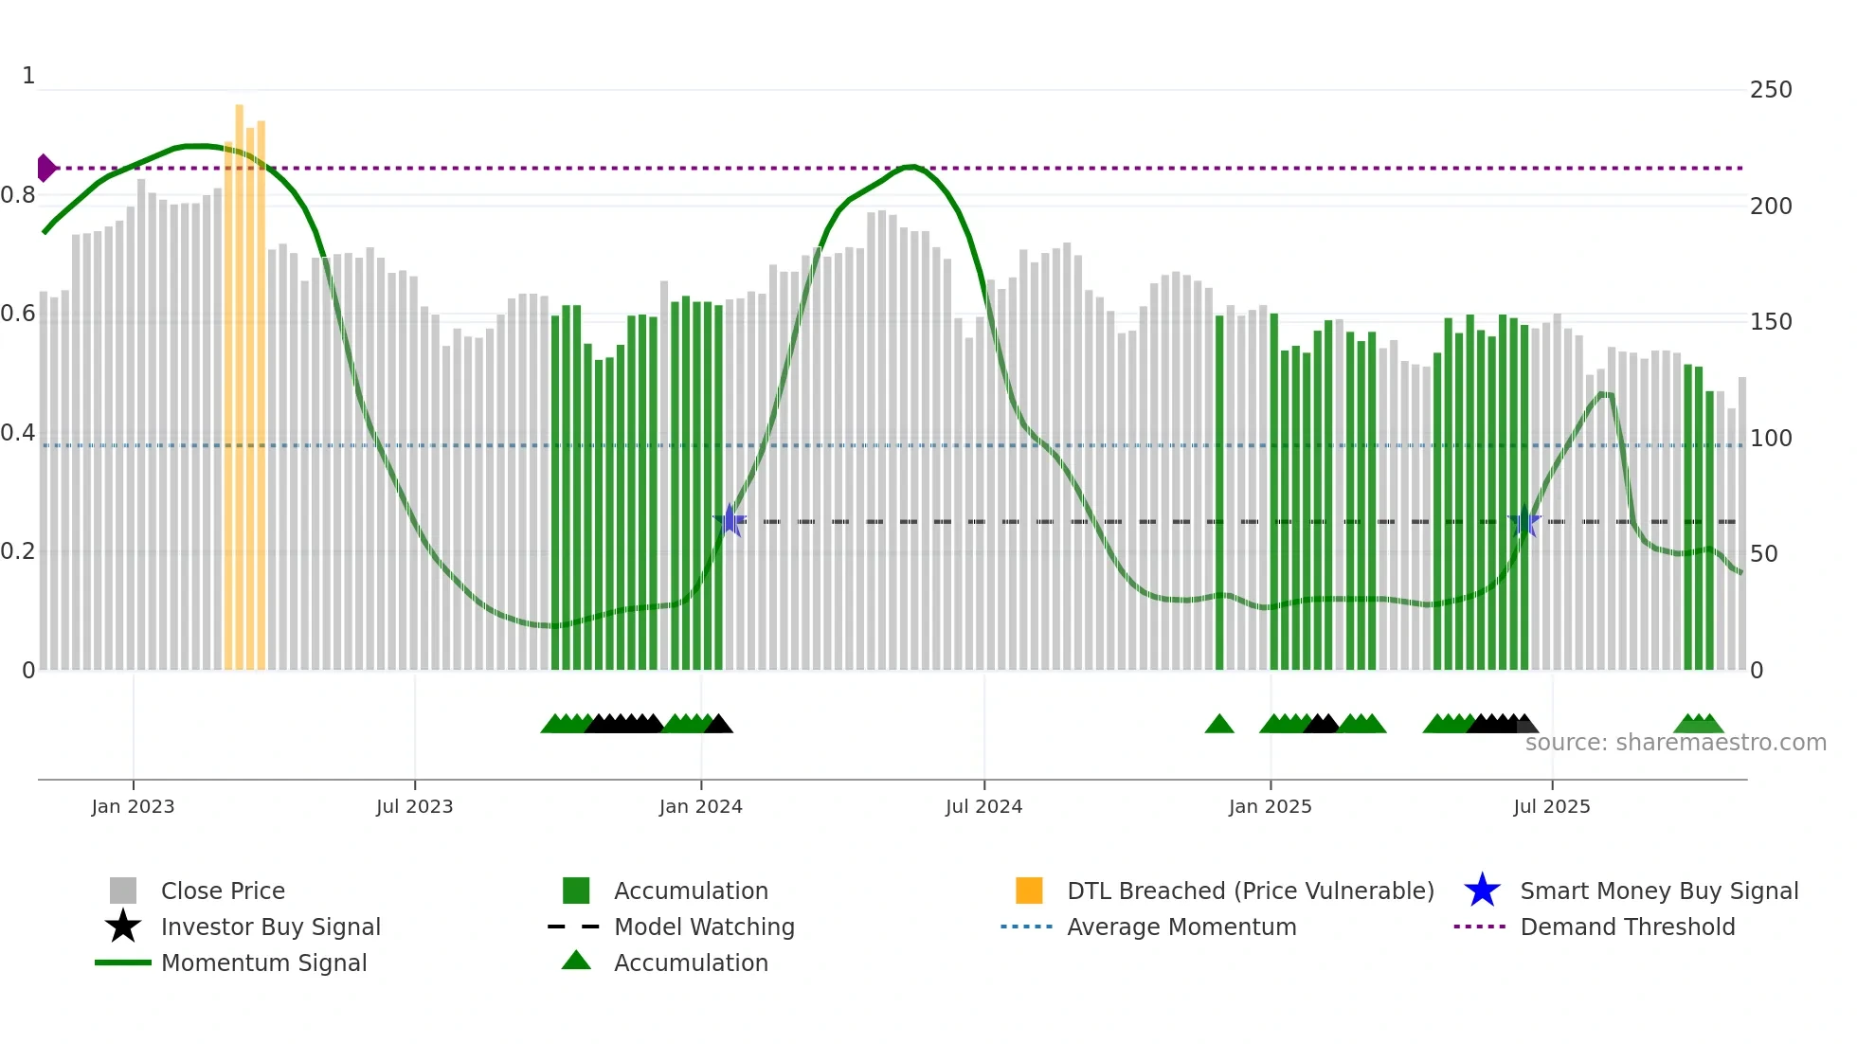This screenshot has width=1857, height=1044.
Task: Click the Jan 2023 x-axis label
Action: click(133, 806)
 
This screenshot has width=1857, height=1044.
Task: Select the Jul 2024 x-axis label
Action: click(983, 806)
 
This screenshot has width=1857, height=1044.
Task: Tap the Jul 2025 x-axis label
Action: click(1551, 806)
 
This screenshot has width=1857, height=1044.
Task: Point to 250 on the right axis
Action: click(1771, 90)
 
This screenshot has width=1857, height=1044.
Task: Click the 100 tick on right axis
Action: click(1771, 439)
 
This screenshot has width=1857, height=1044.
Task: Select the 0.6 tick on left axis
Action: click(18, 314)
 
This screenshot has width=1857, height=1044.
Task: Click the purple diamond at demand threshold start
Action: click(45, 168)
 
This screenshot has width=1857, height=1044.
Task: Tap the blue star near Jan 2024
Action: click(730, 521)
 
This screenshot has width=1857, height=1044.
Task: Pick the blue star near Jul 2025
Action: click(1524, 521)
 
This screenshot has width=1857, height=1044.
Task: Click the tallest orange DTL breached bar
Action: click(240, 379)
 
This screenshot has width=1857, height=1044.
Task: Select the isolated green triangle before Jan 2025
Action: click(1219, 725)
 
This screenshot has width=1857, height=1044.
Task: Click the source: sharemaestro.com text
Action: click(1675, 743)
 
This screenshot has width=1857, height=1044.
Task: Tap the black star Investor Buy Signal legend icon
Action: click(123, 927)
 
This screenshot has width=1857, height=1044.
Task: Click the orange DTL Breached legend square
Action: click(1029, 891)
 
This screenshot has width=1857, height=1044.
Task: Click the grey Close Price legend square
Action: click(123, 891)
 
